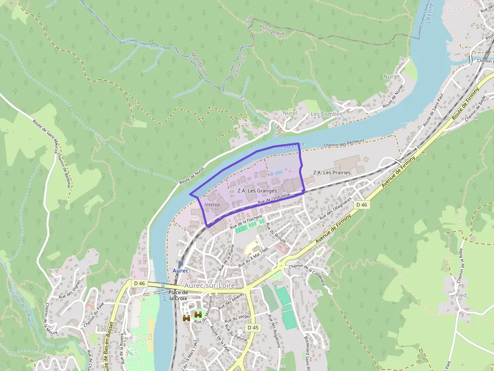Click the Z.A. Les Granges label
[x=257, y=191]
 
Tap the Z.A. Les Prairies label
[x=331, y=173]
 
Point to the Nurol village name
[x=290, y=113]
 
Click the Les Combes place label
[x=326, y=114]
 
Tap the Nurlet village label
[x=391, y=77]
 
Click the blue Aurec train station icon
[x=180, y=263]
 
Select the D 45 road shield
[x=253, y=328]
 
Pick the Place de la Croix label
[x=178, y=295]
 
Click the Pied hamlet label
[x=461, y=295]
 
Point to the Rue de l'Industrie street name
[x=274, y=199]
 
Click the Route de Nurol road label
[x=193, y=174]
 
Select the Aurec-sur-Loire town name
[x=210, y=285]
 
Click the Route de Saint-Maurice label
[x=45, y=135]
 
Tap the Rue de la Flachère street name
[x=247, y=222]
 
